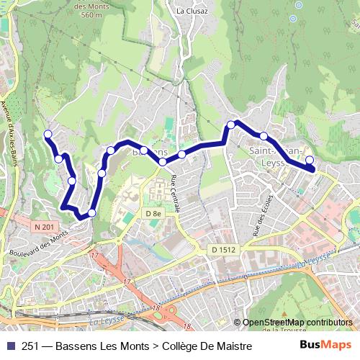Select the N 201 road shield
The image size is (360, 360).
tap(44, 227)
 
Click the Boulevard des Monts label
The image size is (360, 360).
tap(40, 243)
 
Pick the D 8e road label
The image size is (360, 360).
tap(151, 214)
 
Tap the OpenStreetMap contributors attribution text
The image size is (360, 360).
tap(297, 323)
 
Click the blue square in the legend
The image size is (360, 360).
tap(9, 346)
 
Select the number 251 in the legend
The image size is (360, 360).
tap(32, 346)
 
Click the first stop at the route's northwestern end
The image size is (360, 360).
tap(48, 134)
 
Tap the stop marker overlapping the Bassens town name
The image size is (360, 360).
tap(144, 150)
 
